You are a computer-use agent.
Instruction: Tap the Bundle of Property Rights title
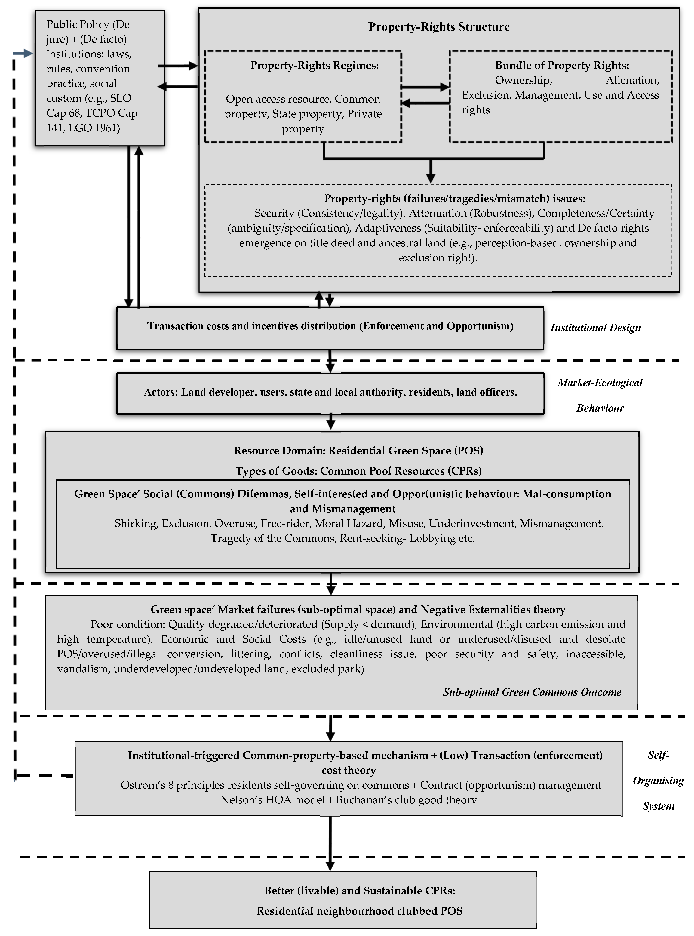pyautogui.click(x=562, y=66)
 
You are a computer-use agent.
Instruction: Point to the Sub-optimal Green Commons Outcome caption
pyautogui.click(x=532, y=692)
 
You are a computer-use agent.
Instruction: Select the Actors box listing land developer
pyautogui.click(x=330, y=392)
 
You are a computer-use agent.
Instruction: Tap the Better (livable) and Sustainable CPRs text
pyautogui.click(x=360, y=890)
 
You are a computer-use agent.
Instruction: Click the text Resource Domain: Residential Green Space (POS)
pyautogui.click(x=358, y=451)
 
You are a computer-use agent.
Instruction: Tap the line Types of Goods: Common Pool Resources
pyautogui.click(x=358, y=471)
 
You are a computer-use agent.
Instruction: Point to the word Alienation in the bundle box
pyautogui.click(x=632, y=80)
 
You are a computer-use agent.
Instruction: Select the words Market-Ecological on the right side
pyautogui.click(x=600, y=383)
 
